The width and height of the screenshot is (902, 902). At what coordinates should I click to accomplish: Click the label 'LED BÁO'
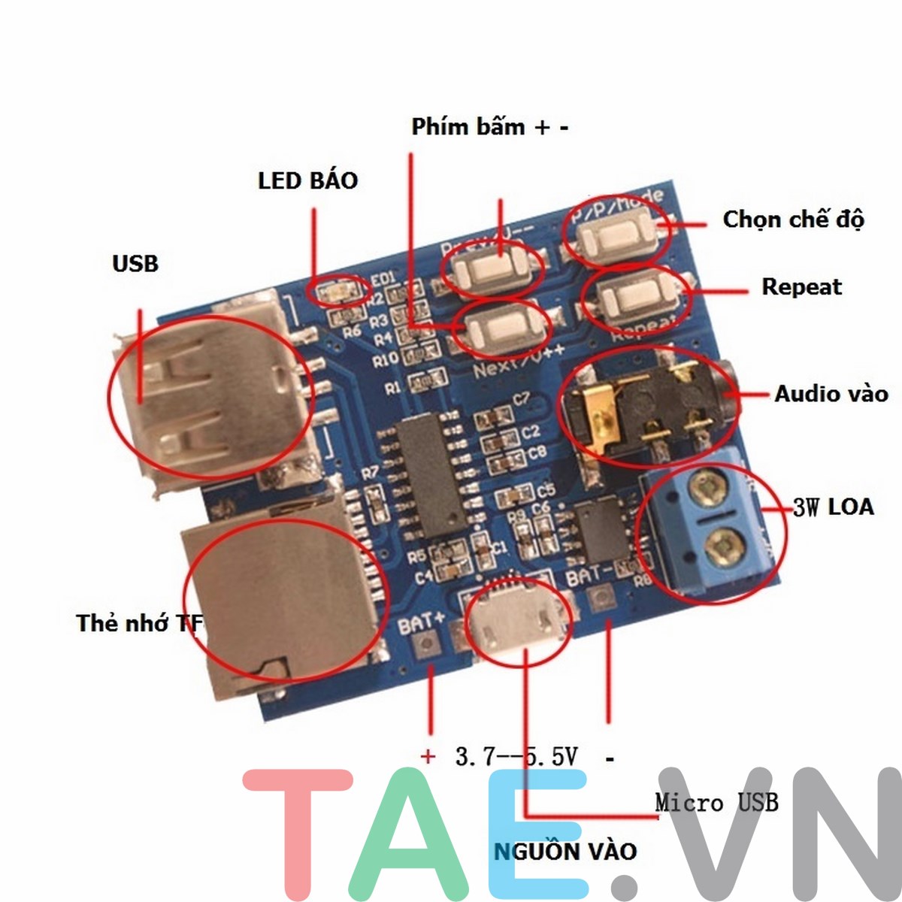pyautogui.click(x=307, y=180)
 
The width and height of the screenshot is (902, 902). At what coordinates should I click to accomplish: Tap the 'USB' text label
pyautogui.click(x=135, y=264)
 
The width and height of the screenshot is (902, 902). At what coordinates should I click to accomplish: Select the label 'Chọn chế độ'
pyautogui.click(x=793, y=219)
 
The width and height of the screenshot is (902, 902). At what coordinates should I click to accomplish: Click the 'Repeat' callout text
pyautogui.click(x=801, y=286)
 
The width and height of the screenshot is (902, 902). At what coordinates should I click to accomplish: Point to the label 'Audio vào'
pyautogui.click(x=831, y=393)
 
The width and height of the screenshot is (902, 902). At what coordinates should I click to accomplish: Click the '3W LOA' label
pyautogui.click(x=834, y=507)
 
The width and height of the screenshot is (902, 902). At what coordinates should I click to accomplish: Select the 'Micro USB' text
pyautogui.click(x=716, y=802)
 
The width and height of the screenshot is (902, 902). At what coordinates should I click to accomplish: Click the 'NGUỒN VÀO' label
pyautogui.click(x=565, y=851)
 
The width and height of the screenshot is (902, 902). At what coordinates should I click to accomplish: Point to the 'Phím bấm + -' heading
pyautogui.click(x=489, y=126)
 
